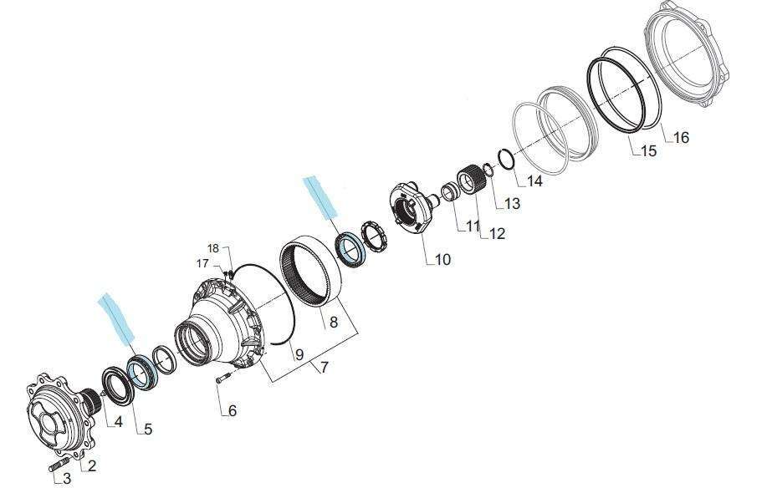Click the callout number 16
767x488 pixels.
click(x=681, y=137)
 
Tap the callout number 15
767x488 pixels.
click(x=648, y=151)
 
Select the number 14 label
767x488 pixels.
click(x=534, y=180)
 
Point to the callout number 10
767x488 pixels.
click(x=442, y=259)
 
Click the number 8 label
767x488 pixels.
click(x=334, y=322)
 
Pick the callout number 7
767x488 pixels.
click(x=325, y=366)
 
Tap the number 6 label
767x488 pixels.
click(x=233, y=411)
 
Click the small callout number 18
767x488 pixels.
click(x=213, y=248)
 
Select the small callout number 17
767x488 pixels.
click(x=202, y=264)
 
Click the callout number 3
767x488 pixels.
click(x=67, y=479)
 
